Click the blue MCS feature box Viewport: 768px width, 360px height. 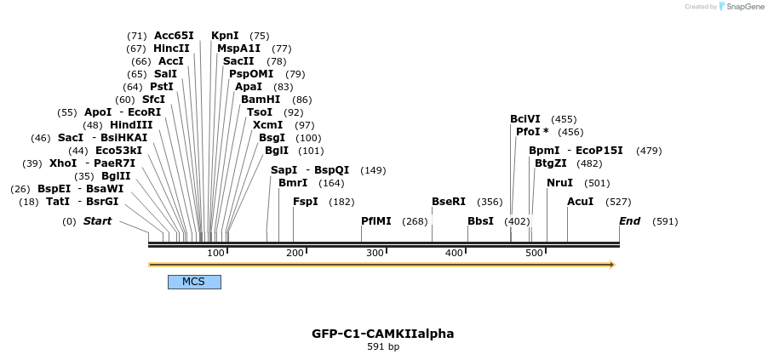coord(194,282)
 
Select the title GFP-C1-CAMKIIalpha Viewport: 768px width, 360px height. coord(383,334)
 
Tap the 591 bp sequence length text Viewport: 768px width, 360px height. coord(383,347)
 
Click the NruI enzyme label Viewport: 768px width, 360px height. coord(559,183)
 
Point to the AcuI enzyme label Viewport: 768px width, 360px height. coord(580,202)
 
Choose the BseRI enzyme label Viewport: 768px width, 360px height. coord(449,202)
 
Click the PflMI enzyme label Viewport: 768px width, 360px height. coord(376,220)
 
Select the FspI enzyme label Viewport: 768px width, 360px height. coord(305,202)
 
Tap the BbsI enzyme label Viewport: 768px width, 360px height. coord(480,220)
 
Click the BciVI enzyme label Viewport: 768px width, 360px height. coord(524,119)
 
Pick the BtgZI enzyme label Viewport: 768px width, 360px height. coord(550,163)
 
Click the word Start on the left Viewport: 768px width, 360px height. coord(97,221)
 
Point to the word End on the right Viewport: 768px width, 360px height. coord(629,221)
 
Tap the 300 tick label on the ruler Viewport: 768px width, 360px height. coord(375,253)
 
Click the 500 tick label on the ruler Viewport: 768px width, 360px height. coord(534,253)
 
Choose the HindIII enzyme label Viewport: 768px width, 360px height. coord(131,125)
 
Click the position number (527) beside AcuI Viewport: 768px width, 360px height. coord(618,202)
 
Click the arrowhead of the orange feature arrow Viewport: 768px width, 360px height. coord(610,265)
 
